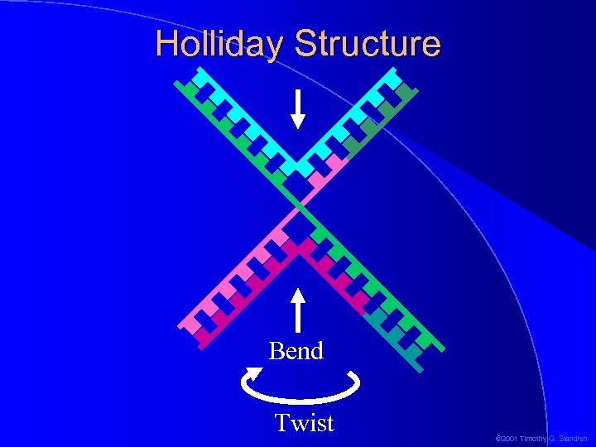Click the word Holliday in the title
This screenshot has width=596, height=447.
click(220, 43)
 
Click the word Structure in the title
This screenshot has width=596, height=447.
click(367, 43)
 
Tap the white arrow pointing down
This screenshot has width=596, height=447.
click(298, 108)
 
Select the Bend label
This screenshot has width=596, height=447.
click(296, 351)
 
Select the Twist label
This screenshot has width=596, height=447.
click(304, 423)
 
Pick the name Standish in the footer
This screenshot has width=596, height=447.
click(571, 438)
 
